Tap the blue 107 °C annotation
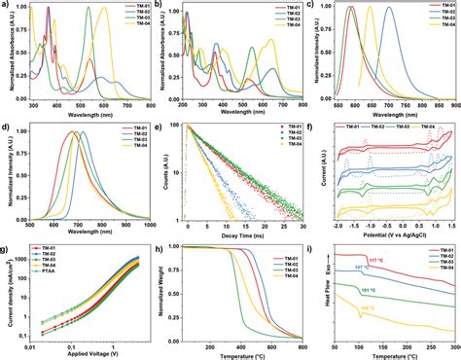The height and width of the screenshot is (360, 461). [362, 293]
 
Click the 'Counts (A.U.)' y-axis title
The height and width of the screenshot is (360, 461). [167, 175]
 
